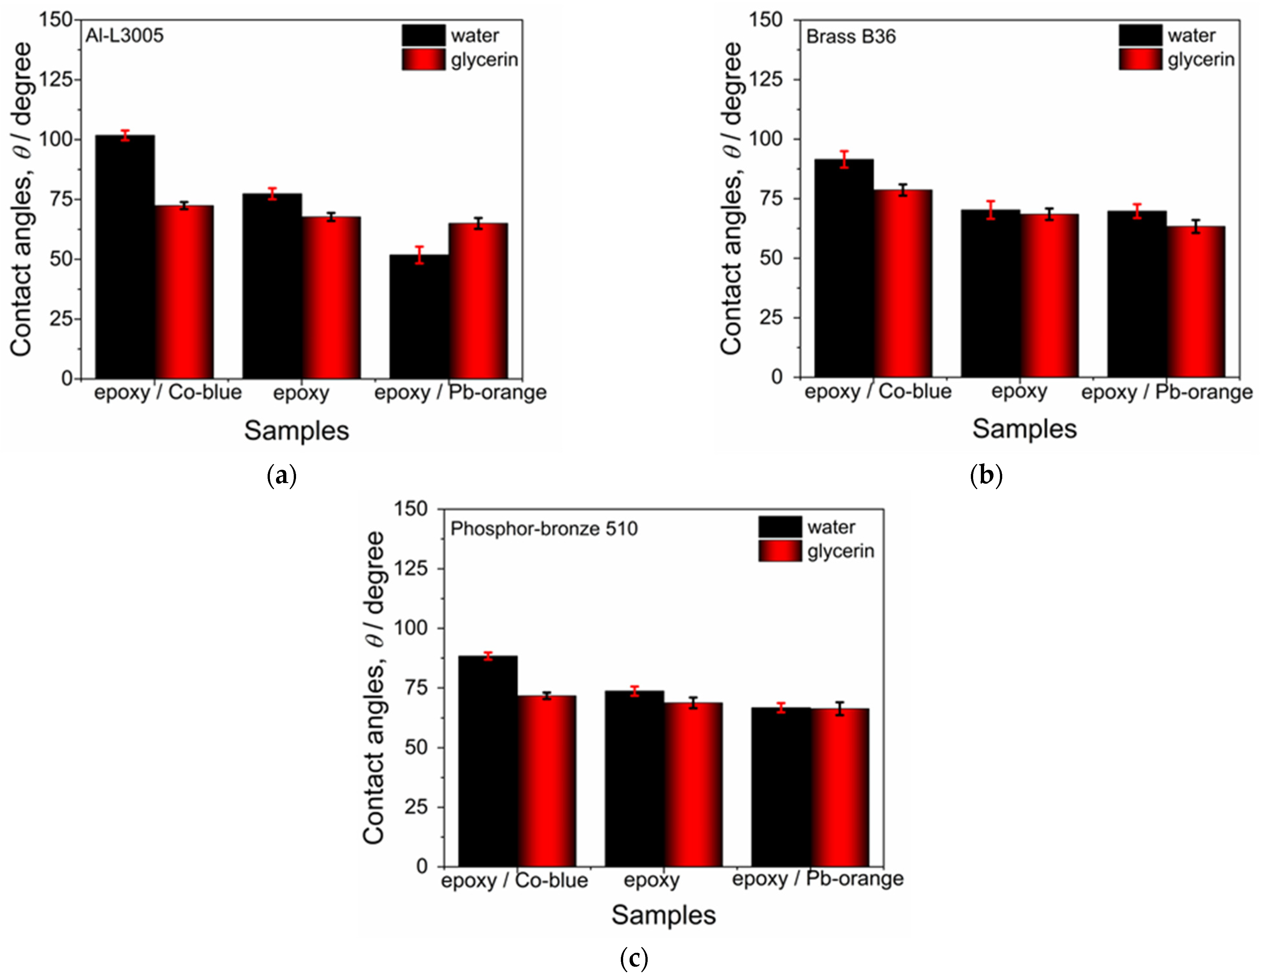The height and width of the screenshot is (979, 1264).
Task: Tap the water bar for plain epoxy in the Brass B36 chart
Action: coord(990,294)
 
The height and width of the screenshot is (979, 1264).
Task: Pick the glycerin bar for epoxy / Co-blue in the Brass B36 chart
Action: coord(903,284)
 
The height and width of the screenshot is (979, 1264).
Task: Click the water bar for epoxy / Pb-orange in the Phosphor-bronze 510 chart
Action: coord(781,787)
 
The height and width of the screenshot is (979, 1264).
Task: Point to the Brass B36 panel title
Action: coord(851,37)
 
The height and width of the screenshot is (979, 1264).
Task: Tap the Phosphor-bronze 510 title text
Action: coord(544,529)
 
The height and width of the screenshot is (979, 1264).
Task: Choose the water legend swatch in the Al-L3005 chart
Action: coord(424,35)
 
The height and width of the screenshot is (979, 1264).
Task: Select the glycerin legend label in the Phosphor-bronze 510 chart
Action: coord(840,551)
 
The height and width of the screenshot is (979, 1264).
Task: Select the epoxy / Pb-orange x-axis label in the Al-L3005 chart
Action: coord(460,393)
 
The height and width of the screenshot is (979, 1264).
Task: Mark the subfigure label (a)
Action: coord(282,476)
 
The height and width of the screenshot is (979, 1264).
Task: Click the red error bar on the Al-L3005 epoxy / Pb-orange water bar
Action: coord(420,255)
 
